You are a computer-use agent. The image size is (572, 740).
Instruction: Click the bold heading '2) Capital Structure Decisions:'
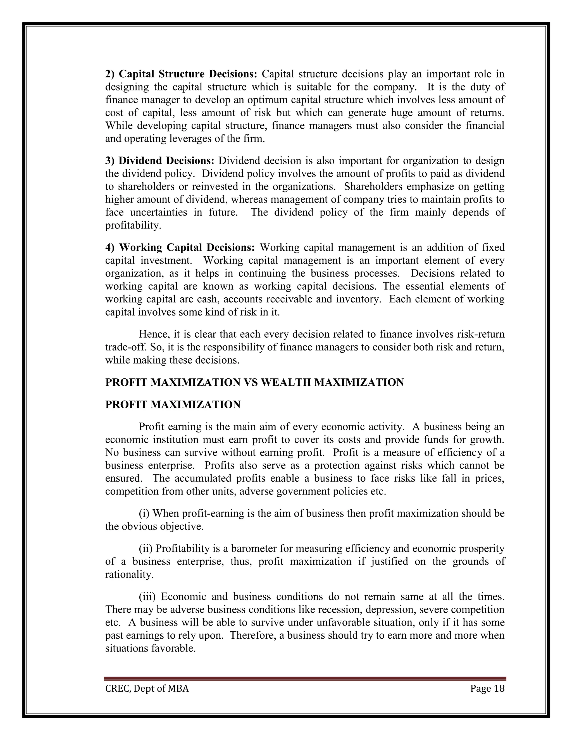pos(181,74)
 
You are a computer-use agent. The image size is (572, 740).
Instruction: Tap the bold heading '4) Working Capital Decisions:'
pos(180,247)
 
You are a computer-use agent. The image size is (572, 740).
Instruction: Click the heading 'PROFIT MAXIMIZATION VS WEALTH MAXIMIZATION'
pos(254,382)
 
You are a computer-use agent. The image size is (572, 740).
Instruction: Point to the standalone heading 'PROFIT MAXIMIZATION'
pos(173,404)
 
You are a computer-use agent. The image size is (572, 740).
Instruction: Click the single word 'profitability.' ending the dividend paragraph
pos(133,225)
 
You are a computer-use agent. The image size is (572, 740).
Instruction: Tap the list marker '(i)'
pos(144,513)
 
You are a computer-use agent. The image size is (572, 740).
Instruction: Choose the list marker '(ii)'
pos(146,548)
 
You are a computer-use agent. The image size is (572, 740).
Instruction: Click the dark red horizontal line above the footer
pos(305,678)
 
